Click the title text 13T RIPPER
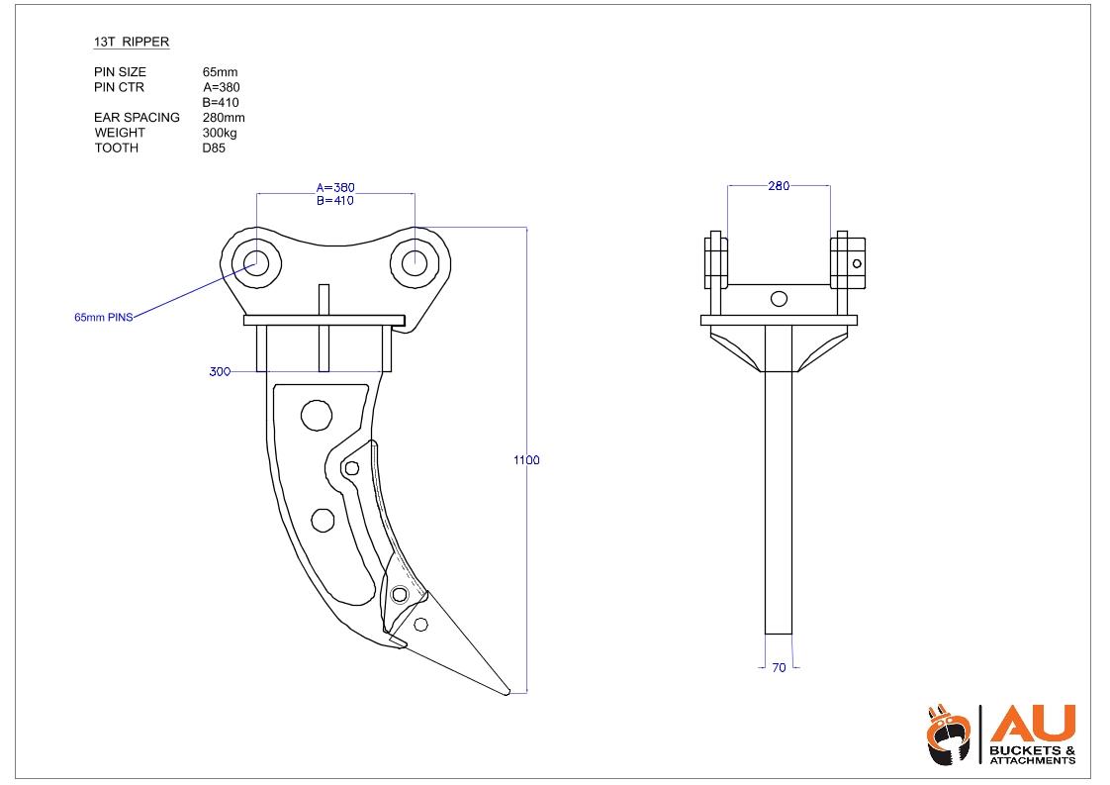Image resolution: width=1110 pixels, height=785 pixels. (132, 43)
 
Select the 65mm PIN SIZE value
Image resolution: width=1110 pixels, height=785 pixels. (220, 72)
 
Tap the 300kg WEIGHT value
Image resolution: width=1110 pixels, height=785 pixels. (220, 133)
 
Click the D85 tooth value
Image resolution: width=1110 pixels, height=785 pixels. (214, 148)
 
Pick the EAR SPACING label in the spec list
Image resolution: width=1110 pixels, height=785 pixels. (137, 118)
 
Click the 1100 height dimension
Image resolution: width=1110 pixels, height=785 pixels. (526, 460)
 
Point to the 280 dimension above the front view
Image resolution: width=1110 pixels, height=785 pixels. (779, 186)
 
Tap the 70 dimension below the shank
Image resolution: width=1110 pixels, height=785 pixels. (779, 668)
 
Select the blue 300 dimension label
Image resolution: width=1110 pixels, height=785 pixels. (220, 372)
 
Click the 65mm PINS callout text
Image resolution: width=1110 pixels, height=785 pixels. (103, 318)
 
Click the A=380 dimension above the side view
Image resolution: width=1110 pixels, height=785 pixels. (334, 187)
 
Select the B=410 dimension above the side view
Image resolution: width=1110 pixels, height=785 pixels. (334, 201)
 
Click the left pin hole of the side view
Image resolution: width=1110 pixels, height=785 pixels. (257, 262)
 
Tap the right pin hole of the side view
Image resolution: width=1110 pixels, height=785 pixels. (415, 262)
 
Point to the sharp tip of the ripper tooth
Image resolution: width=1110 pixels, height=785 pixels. (508, 692)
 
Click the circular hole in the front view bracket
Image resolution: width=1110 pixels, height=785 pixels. (780, 299)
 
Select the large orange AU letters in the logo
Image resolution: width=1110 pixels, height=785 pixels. (1033, 725)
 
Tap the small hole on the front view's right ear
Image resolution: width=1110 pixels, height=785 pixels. (858, 263)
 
